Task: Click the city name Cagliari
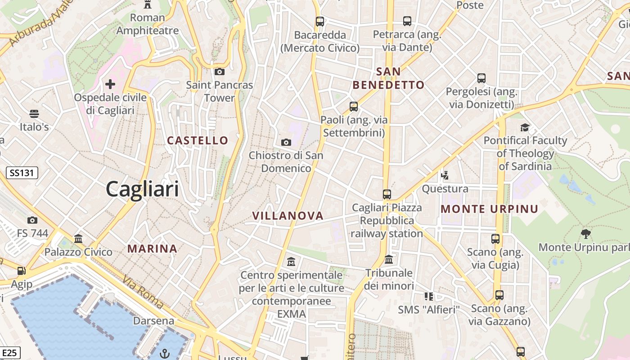tap(142, 189)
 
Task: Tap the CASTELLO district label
tap(198, 140)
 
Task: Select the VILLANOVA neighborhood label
tap(288, 216)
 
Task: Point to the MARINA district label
tap(152, 248)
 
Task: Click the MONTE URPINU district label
tap(490, 209)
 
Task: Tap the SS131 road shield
tap(22, 172)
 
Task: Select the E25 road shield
tap(9, 352)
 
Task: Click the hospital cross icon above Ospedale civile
tap(110, 84)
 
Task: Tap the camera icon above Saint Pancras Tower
tap(219, 72)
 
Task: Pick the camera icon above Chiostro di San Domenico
tap(286, 143)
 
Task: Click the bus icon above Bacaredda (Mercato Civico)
tap(320, 21)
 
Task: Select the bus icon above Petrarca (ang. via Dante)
tap(407, 21)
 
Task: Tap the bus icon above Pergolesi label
tap(481, 78)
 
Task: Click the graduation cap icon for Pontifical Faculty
tap(525, 127)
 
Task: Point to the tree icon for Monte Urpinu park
tap(585, 234)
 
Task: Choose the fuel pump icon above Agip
tap(21, 271)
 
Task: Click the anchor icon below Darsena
tap(165, 353)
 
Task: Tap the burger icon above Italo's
tap(34, 113)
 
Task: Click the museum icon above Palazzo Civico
tap(78, 238)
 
